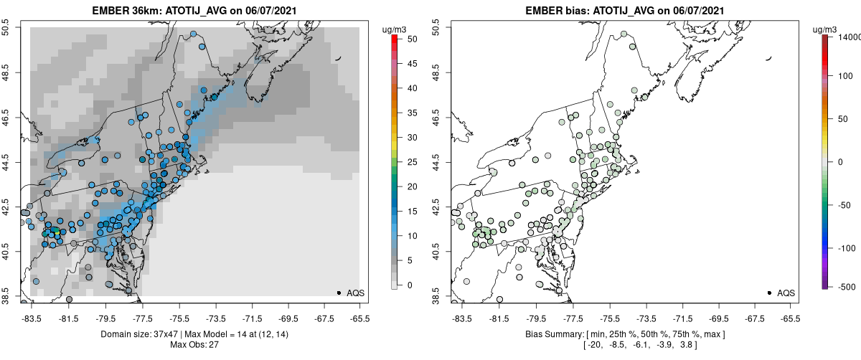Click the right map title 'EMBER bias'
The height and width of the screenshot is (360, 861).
point(560,11)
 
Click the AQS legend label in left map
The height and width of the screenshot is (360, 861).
point(355,293)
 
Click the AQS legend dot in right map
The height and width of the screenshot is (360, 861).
point(769,293)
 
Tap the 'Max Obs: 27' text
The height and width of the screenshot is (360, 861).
point(194,345)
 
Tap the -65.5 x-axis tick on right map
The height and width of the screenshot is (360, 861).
point(789,317)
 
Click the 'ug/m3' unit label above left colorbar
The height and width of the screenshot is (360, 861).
point(395,29)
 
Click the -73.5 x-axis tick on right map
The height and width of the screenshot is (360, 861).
point(646,317)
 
